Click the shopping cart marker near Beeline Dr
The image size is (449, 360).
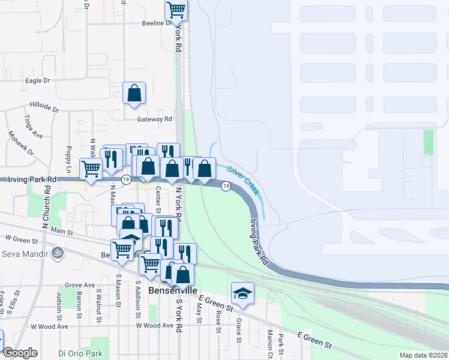(x=176, y=10)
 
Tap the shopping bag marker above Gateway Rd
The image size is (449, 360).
(x=134, y=94)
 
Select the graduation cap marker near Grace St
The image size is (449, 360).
(x=243, y=293)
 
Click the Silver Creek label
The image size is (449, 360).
(x=243, y=179)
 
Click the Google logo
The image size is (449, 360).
(x=20, y=353)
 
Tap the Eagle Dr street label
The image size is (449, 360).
(x=37, y=80)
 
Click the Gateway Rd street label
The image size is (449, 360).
(x=155, y=119)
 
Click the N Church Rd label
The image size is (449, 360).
(x=46, y=204)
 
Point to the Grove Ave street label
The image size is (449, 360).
(x=80, y=285)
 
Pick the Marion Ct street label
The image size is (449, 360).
(x=271, y=344)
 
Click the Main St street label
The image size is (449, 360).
(x=61, y=231)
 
